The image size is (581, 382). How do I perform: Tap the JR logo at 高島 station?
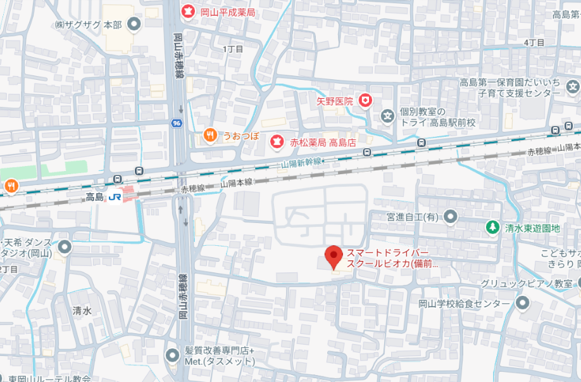[x=115, y=197]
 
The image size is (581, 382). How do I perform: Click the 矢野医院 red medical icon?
[x=365, y=100]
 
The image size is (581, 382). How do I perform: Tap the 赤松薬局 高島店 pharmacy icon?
[x=276, y=141]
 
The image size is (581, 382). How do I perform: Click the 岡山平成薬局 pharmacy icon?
[x=188, y=11]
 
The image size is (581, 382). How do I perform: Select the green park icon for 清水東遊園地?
[x=492, y=227]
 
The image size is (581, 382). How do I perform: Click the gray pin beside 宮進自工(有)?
[x=450, y=217]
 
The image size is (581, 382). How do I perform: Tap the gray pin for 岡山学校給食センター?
[x=522, y=303]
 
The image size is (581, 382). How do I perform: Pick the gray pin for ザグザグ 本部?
[x=134, y=24]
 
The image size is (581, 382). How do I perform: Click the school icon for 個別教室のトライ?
[x=387, y=116]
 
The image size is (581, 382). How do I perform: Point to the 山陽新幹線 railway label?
[x=301, y=164]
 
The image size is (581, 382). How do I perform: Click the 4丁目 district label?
[x=534, y=42]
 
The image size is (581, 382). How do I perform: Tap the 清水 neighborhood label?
[x=82, y=310]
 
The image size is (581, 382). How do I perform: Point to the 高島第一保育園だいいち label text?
[x=510, y=82]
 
